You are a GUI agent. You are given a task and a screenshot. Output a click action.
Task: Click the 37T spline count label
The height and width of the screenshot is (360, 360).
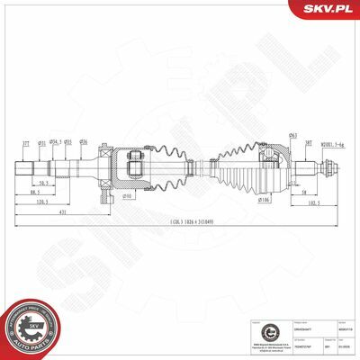[26, 143]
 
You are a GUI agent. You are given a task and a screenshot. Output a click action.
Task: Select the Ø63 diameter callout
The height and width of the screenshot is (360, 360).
[267, 135]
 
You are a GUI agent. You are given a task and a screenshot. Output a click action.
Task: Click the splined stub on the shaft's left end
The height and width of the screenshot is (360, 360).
[26, 167]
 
